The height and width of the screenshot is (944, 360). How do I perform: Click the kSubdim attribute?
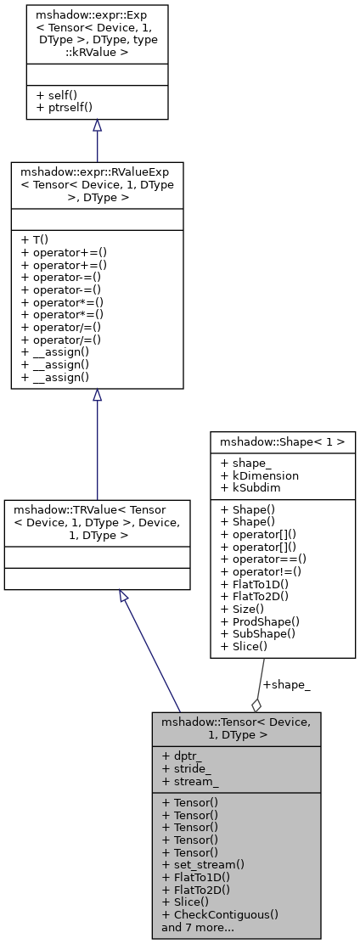(x=254, y=486)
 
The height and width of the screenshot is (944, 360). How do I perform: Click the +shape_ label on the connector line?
(x=285, y=685)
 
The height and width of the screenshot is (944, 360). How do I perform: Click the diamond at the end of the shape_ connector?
(x=256, y=704)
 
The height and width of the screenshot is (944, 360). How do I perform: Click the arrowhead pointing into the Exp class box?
(x=97, y=126)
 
